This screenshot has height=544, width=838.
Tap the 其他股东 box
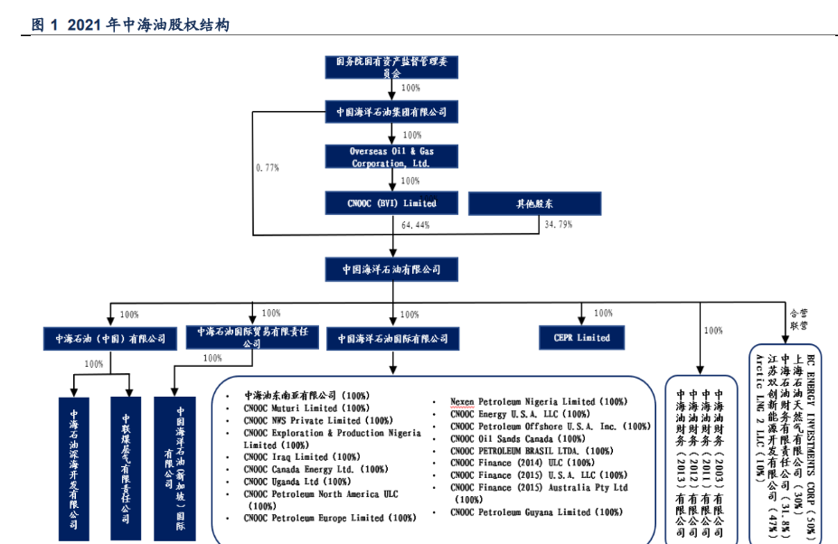tap(534, 203)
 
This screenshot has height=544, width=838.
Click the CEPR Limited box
tap(581, 338)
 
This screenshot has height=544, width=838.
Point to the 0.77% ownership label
tap(267, 168)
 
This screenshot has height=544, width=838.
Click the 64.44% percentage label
tap(415, 224)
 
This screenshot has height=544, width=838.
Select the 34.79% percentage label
tap(558, 224)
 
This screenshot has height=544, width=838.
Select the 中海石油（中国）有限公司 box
tap(110, 339)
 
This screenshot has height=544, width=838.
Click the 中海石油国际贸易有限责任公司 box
tap(252, 337)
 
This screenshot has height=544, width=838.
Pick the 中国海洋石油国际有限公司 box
tap(393, 339)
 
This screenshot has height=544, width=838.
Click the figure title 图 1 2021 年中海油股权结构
tap(131, 24)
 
